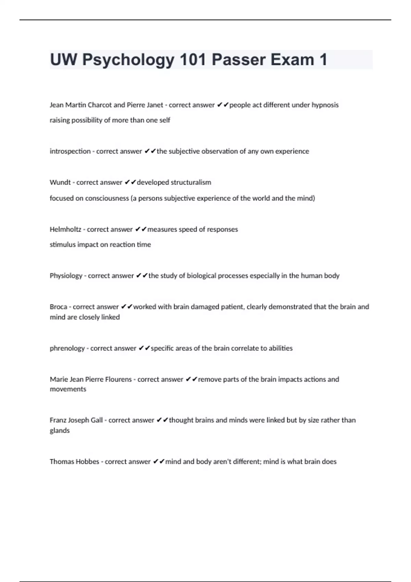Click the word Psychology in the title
pyautogui.click(x=128, y=60)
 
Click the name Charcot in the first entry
pyautogui.click(x=100, y=105)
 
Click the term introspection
pyautogui.click(x=70, y=151)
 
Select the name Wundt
pyautogui.click(x=60, y=182)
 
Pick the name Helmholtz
pyautogui.click(x=65, y=229)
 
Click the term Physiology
pyautogui.click(x=66, y=276)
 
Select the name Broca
pyautogui.click(x=58, y=307)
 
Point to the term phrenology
pyautogui.click(x=67, y=348)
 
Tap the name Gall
pyautogui.click(x=96, y=420)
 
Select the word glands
pyautogui.click(x=60, y=431)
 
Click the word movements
pyautogui.click(x=68, y=389)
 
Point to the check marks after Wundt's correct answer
pyautogui.click(x=130, y=182)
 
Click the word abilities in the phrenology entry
pyautogui.click(x=281, y=348)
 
